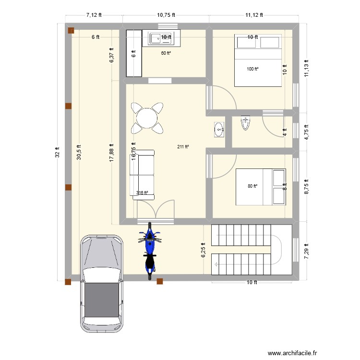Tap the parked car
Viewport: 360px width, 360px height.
(101, 283)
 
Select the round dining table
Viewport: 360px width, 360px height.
(146, 118)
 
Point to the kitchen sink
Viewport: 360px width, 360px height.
(156, 37)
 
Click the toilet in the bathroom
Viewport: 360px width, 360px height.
(246, 123)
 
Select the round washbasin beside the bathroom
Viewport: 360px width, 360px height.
(219, 129)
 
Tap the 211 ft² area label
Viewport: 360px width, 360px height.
(183, 147)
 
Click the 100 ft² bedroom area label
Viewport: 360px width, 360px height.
(252, 69)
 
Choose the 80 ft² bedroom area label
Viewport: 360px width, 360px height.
(252, 186)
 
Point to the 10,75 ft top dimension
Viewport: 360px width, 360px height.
(166, 15)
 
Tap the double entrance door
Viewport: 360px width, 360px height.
(155, 211)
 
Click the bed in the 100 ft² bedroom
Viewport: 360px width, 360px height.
(258, 60)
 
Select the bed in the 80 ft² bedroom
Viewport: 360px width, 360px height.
(261, 186)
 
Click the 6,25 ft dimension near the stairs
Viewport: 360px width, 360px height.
(204, 250)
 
